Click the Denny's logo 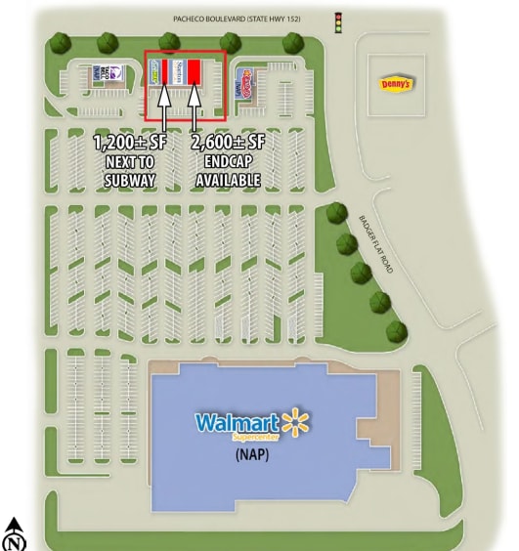click(395, 84)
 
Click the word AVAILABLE click(228, 180)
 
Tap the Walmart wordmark click(236, 423)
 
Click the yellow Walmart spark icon click(294, 424)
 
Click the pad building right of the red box click(247, 81)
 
